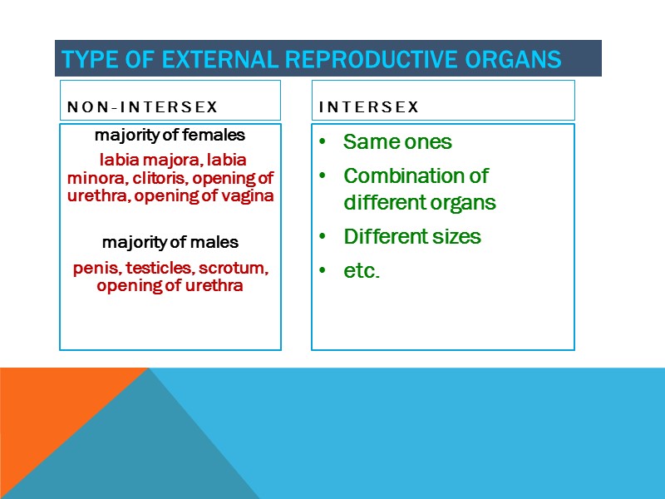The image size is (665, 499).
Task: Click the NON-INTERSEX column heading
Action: pyautogui.click(x=142, y=107)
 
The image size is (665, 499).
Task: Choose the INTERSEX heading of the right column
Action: pyautogui.click(x=369, y=107)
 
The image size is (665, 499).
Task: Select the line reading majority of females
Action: pyautogui.click(x=170, y=135)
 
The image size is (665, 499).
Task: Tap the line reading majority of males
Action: pyautogui.click(x=170, y=243)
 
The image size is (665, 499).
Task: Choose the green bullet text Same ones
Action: pyautogui.click(x=397, y=142)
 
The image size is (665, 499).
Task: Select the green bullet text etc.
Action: pyautogui.click(x=361, y=271)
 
